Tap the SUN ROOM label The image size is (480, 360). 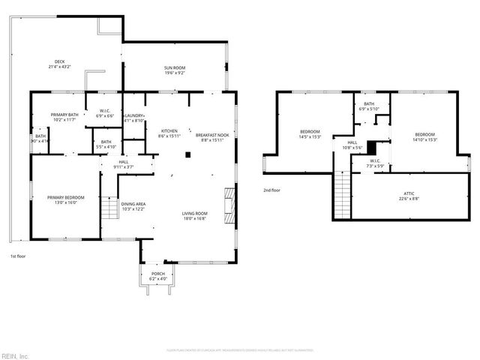[175, 70]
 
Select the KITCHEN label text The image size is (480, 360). [169, 133]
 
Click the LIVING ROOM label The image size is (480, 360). [194, 216]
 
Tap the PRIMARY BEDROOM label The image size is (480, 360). [66, 199]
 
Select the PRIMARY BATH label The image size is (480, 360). [65, 117]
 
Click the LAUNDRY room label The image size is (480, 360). [134, 117]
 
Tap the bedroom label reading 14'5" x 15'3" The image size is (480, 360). [310, 134]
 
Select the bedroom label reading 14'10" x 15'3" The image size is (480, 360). [424, 137]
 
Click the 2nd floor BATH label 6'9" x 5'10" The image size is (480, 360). [369, 106]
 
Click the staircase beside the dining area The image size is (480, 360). [109, 208]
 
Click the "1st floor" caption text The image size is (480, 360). [18, 257]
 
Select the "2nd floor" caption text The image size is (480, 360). [272, 190]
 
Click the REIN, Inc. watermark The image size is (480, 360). [15, 355]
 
